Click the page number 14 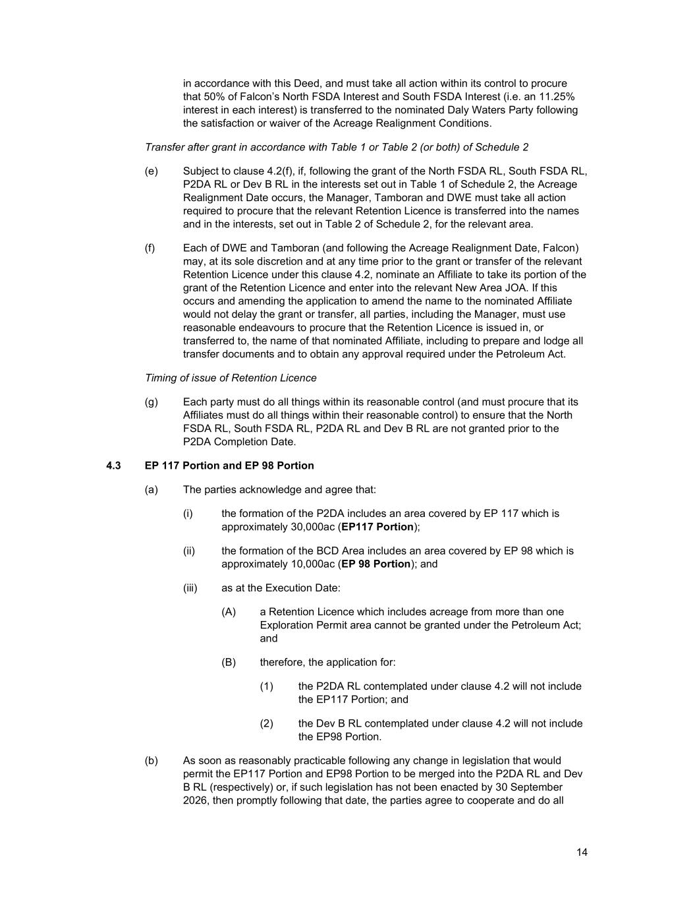click(x=582, y=853)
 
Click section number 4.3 click(x=113, y=465)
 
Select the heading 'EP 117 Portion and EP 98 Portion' click(x=229, y=465)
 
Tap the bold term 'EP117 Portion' click(x=377, y=527)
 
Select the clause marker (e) click(x=152, y=171)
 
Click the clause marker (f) click(x=150, y=248)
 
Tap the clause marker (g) click(x=152, y=402)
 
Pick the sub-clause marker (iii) click(x=190, y=587)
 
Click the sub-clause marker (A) click(x=229, y=612)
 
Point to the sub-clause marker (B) click(x=229, y=662)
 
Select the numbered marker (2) click(x=266, y=723)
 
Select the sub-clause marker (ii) click(x=189, y=551)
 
